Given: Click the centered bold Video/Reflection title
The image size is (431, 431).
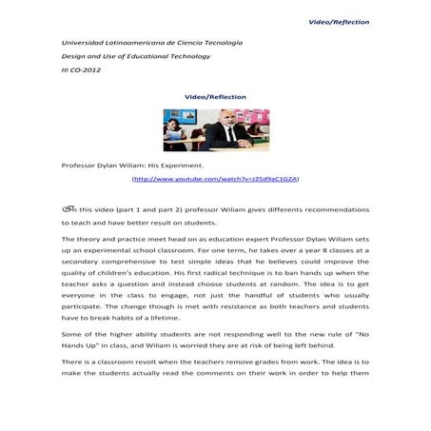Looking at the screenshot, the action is pyautogui.click(x=215, y=97).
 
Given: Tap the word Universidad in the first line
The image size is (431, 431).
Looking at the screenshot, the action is pyautogui.click(x=84, y=44).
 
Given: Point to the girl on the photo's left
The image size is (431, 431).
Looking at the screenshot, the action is pyautogui.click(x=176, y=132).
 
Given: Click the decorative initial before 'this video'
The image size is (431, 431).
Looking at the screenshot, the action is pyautogui.click(x=69, y=206).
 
